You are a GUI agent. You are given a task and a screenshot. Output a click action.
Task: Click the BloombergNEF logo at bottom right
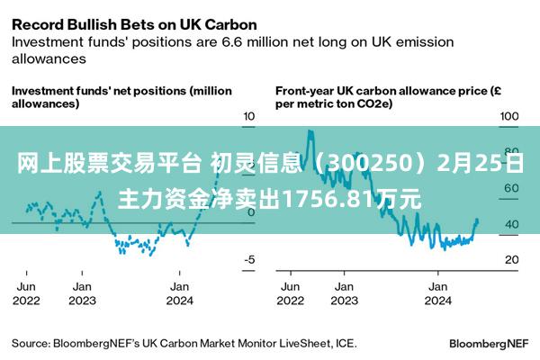(x=489, y=344)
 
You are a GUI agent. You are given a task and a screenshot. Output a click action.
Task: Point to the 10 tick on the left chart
(x=250, y=117)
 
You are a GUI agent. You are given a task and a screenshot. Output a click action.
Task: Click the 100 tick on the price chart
(x=509, y=117)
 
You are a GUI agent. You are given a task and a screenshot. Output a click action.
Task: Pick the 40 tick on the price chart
(x=509, y=224)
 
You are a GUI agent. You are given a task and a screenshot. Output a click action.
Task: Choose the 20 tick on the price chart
(x=509, y=260)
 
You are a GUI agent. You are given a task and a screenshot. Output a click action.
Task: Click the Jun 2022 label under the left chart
(x=27, y=293)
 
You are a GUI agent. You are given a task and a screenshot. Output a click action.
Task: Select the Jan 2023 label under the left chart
(x=82, y=293)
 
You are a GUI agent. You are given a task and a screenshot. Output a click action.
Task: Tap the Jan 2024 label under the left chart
(x=180, y=293)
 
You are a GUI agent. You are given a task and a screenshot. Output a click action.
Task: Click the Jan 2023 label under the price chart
(x=343, y=293)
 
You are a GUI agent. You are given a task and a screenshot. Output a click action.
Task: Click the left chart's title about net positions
(x=121, y=97)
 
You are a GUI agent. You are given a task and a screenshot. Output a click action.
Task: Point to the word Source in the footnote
(x=31, y=344)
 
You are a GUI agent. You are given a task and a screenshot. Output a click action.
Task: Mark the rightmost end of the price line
(x=477, y=220)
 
